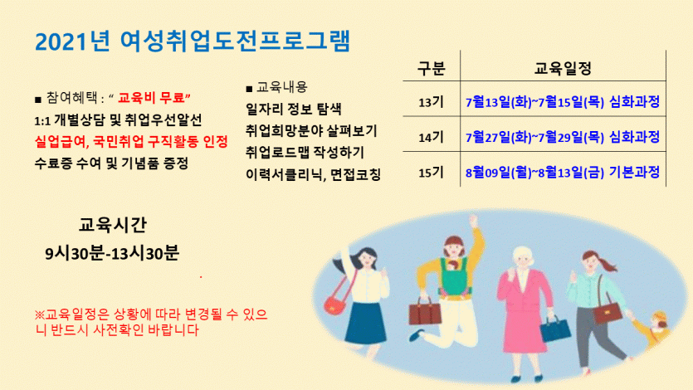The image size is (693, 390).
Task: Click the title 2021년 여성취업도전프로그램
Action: click(x=193, y=41)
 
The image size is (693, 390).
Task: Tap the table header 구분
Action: click(x=431, y=69)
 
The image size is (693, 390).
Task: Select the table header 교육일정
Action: click(x=563, y=69)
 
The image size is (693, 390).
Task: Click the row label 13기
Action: click(x=431, y=102)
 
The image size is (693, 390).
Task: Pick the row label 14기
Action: click(x=431, y=138)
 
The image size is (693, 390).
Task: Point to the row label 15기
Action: click(x=431, y=173)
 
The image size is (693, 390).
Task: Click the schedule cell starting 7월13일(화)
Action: click(x=563, y=102)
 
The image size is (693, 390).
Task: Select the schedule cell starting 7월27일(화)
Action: click(x=563, y=137)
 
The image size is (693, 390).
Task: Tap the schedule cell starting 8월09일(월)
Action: click(x=563, y=172)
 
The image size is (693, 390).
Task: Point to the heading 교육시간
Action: click(x=113, y=225)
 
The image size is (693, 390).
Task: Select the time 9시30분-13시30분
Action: click(x=112, y=253)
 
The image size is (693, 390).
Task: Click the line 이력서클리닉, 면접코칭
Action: click(x=314, y=174)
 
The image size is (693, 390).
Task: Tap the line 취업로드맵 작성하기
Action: click(x=305, y=153)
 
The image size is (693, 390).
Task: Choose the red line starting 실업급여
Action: click(x=131, y=142)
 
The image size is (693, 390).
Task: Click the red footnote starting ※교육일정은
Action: click(x=151, y=322)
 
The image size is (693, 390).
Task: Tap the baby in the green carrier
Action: click(x=453, y=267)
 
